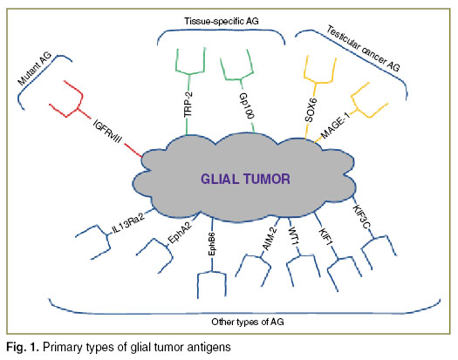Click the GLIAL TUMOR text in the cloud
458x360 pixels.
pos(245,179)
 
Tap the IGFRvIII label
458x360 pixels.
pos(107,131)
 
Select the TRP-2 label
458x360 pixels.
pos(188,104)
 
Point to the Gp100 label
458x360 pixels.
pos(246,105)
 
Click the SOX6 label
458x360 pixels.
pos(311,110)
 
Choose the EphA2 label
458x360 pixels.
pos(180,233)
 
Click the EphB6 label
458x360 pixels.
pos(212,244)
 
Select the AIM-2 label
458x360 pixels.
pos(270,239)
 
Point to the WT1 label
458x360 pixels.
pos(294,236)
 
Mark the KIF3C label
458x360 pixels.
pos(362,217)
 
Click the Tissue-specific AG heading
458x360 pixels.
pos(221,21)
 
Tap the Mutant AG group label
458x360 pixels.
pos(35,68)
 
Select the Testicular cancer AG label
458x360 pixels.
pos(363,49)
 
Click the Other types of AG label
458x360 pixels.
pos(248,322)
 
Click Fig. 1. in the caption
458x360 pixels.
pos(22,347)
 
